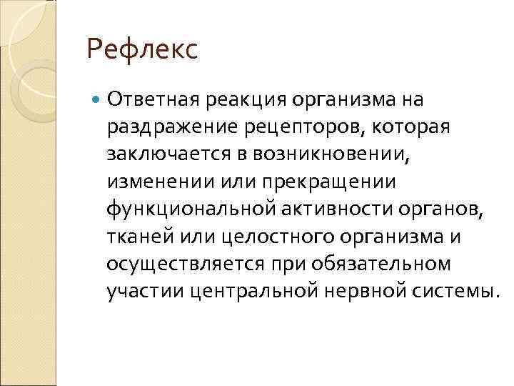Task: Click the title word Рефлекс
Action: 141,51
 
